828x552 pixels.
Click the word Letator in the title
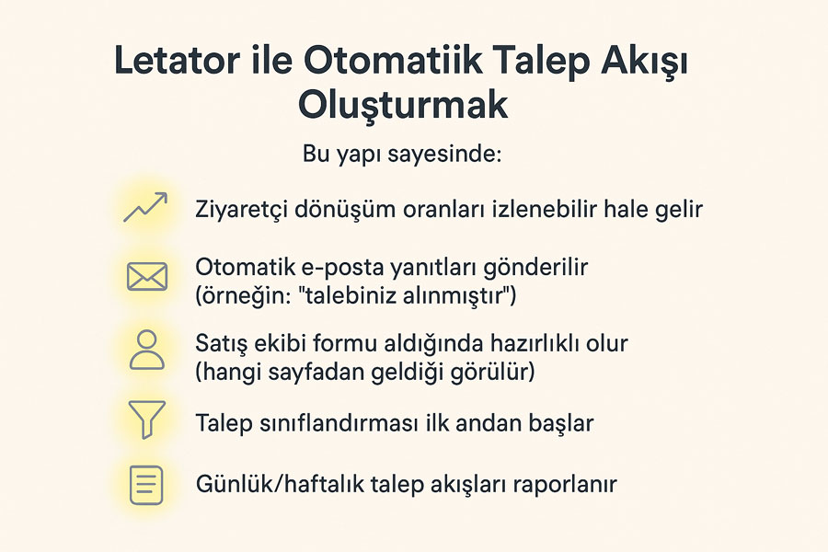pyautogui.click(x=177, y=60)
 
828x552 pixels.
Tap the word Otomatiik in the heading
pyautogui.click(x=394, y=60)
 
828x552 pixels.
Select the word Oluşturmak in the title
pyautogui.click(x=403, y=105)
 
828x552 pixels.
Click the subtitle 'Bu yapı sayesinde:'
pyautogui.click(x=402, y=155)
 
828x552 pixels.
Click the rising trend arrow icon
pyautogui.click(x=145, y=207)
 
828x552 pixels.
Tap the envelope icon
pyautogui.click(x=147, y=277)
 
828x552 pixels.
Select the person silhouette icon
pyautogui.click(x=147, y=350)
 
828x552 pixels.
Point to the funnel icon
pyautogui.click(x=147, y=420)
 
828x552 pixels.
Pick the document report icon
pyautogui.click(x=146, y=485)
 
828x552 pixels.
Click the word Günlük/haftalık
pyautogui.click(x=280, y=484)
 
